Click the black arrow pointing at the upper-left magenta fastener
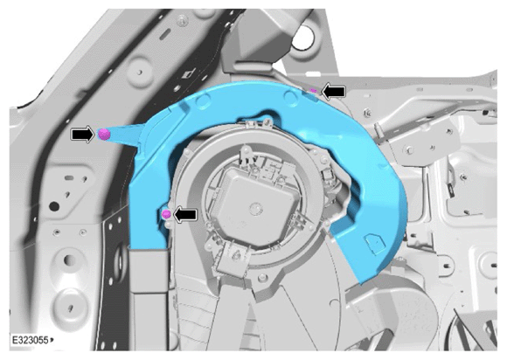(82, 134)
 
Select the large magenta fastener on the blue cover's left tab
(103, 134)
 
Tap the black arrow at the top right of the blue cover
(334, 92)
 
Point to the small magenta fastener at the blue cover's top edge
(313, 91)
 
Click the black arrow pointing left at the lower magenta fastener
(185, 214)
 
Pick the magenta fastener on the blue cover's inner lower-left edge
(166, 213)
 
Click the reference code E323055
(30, 340)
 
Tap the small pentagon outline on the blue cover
(374, 242)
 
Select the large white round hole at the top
(303, 38)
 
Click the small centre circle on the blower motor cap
(257, 207)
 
